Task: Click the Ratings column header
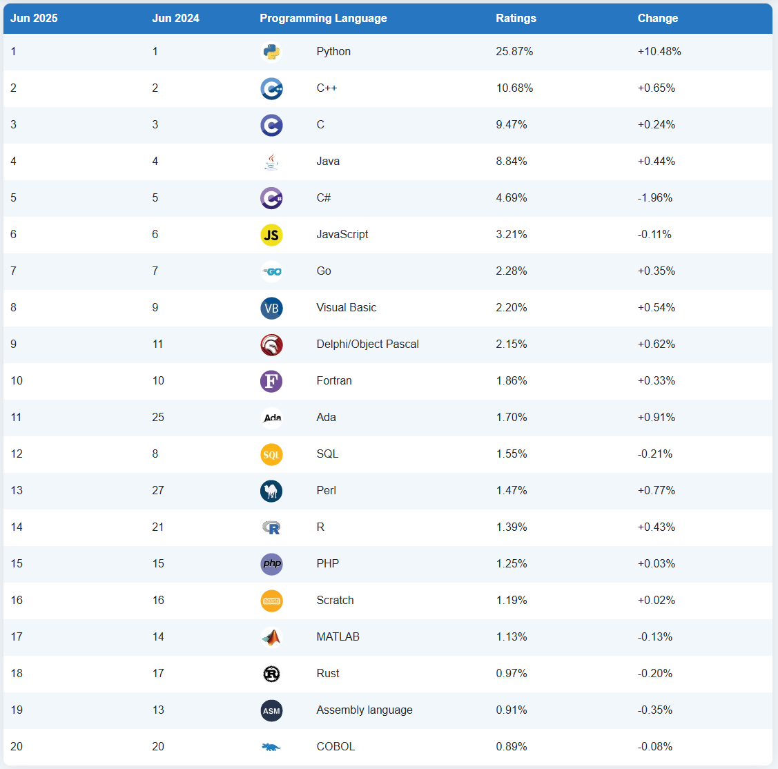516,19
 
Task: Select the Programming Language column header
323,19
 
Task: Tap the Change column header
657,19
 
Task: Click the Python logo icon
271,52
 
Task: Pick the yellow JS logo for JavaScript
271,235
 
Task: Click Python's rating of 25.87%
514,52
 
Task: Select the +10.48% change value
659,52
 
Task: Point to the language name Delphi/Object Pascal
367,344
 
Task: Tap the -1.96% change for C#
655,198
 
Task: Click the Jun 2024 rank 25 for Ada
158,418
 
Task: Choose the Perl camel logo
271,491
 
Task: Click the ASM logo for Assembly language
271,710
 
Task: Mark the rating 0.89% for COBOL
512,747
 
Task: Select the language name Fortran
334,381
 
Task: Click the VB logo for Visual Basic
271,308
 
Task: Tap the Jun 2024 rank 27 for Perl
158,491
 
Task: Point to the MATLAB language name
338,637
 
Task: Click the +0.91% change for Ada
657,418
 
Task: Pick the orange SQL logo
271,454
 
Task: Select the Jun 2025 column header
34,19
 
